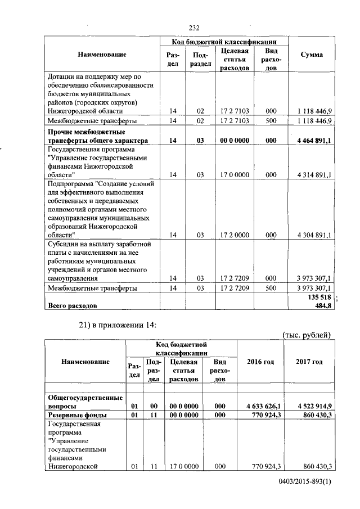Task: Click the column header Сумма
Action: tap(312, 55)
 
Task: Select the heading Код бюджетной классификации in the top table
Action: tap(224, 42)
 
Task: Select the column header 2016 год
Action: tap(260, 362)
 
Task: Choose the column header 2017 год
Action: tap(309, 362)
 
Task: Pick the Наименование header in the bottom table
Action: tap(86, 362)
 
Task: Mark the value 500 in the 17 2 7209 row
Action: tap(271, 288)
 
